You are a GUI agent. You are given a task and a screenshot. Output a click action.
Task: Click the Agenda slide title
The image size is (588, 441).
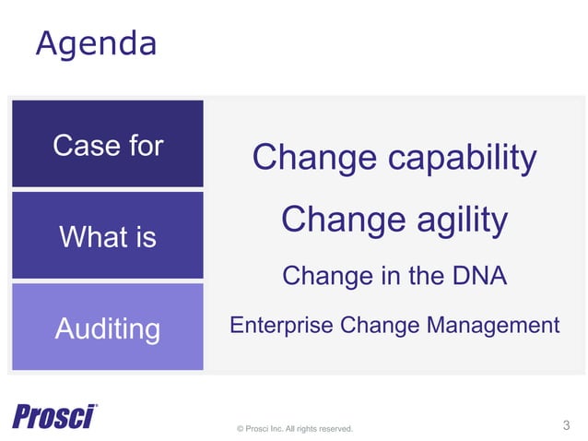pyautogui.click(x=95, y=43)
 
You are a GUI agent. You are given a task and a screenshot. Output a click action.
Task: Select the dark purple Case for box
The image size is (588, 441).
pyautogui.click(x=108, y=144)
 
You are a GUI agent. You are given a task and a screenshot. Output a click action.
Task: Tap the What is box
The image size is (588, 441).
pyautogui.click(x=108, y=236)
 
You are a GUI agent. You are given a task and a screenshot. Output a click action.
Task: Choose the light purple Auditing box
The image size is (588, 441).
pyautogui.click(x=108, y=328)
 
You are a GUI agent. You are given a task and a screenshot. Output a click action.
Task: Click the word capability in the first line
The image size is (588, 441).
pyautogui.click(x=462, y=159)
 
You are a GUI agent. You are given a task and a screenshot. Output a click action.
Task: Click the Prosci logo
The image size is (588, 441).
pyautogui.click(x=55, y=416)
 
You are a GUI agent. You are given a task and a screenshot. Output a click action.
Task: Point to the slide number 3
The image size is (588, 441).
pyautogui.click(x=566, y=425)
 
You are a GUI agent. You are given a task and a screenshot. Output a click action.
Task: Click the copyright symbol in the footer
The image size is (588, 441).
pyautogui.click(x=241, y=429)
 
